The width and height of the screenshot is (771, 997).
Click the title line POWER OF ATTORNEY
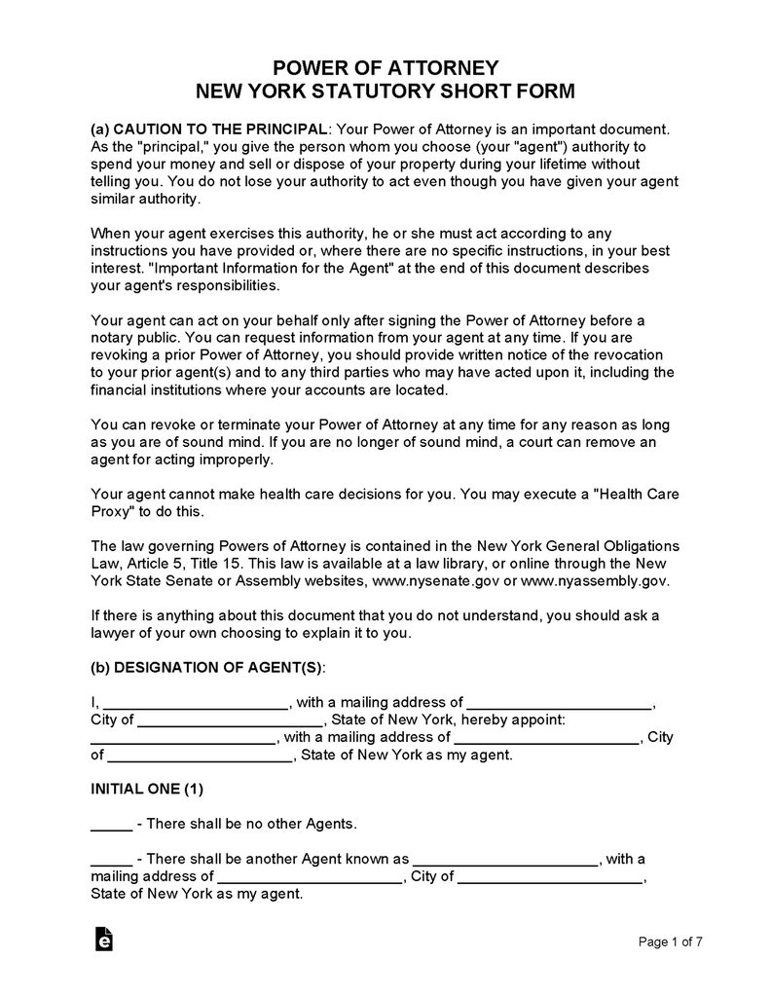(385, 68)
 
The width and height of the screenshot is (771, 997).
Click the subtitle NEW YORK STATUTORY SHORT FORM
(385, 92)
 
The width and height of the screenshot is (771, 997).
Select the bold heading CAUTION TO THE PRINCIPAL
(220, 129)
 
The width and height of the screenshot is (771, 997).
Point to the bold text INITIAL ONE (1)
(147, 788)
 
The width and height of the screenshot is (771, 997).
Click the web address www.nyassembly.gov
(595, 580)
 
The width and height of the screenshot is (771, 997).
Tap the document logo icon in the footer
(103, 939)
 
